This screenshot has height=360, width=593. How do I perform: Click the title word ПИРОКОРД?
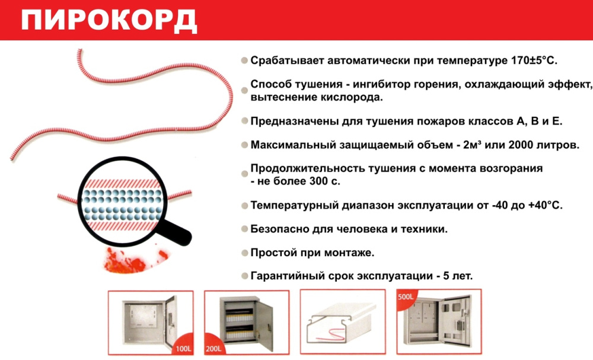pyautogui.click(x=109, y=20)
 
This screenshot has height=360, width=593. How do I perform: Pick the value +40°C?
pyautogui.click(x=546, y=205)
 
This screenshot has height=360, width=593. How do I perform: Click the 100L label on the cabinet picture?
pyautogui.click(x=183, y=348)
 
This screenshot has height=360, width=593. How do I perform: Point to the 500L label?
pyautogui.click(x=406, y=297)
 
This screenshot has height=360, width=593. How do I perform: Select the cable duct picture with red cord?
pyautogui.click(x=343, y=322)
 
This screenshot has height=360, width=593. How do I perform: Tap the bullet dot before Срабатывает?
pyautogui.click(x=245, y=60)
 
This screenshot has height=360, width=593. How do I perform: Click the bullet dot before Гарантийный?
pyautogui.click(x=245, y=276)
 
